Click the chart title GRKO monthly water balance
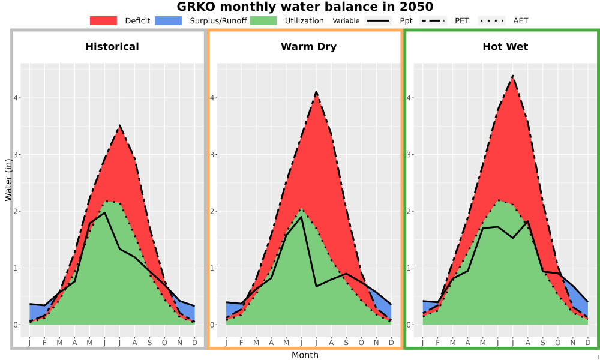point(305,7)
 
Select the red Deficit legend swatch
point(103,20)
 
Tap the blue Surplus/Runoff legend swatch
point(169,20)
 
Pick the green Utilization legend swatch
point(263,20)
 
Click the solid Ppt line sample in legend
point(378,20)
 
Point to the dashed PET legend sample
point(433,20)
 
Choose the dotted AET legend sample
point(491,20)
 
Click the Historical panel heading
point(112,47)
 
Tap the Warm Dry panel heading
point(308,47)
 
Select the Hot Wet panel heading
point(505,47)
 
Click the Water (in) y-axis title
point(8,180)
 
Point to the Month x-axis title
point(305,355)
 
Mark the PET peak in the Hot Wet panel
point(512,76)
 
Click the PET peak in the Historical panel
point(119,125)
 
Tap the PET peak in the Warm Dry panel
point(316,91)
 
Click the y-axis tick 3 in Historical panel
point(16,155)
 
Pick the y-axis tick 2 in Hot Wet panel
point(409,211)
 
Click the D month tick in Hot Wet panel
point(588,343)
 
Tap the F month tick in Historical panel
point(44,343)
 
